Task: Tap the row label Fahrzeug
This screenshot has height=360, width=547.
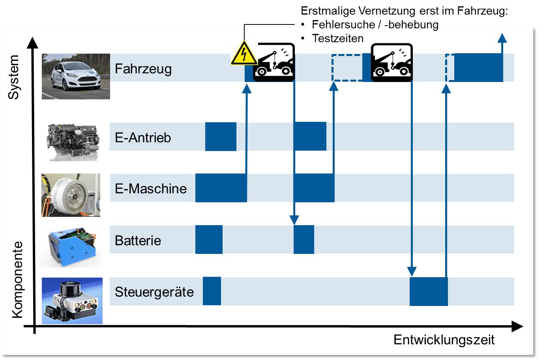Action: coord(143,69)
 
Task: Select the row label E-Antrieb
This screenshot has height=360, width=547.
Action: coord(142,137)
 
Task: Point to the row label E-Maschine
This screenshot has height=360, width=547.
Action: coord(150,188)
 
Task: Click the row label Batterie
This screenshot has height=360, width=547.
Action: coord(138,240)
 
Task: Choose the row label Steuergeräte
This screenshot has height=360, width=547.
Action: coord(154,292)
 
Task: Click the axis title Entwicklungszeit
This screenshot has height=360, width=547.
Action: coord(444,340)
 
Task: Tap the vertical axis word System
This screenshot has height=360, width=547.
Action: coord(14,77)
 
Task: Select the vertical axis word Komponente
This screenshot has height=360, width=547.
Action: coord(17,280)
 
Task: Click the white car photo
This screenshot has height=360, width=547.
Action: coord(76,76)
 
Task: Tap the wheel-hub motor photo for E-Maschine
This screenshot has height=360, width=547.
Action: coord(71,195)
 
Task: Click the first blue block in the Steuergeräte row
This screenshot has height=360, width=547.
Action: coord(212,291)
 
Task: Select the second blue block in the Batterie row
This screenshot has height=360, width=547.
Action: coord(303,239)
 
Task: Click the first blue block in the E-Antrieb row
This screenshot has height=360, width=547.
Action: coord(221,136)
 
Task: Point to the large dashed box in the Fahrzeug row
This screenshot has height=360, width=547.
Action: coord(347,68)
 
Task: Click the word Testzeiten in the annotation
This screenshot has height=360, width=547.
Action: coord(337,38)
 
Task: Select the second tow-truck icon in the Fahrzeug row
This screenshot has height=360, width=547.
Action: coord(392,63)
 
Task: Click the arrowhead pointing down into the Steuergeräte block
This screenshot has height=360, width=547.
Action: coord(412,272)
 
